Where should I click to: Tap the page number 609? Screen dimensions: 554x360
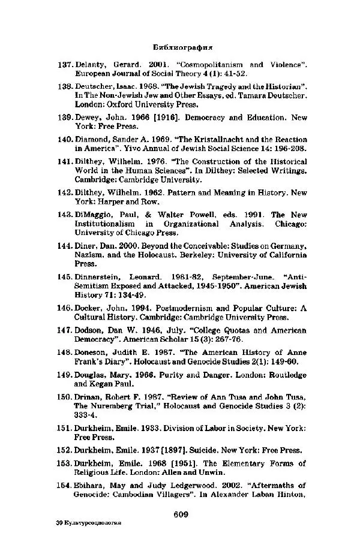coord(182,513)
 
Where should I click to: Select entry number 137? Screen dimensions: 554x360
coord(64,64)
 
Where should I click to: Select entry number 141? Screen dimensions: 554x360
coord(64,161)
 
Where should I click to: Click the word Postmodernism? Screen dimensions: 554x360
coord(180,308)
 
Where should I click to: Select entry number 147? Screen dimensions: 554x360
coord(64,330)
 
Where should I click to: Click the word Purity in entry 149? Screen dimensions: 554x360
coord(173,375)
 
